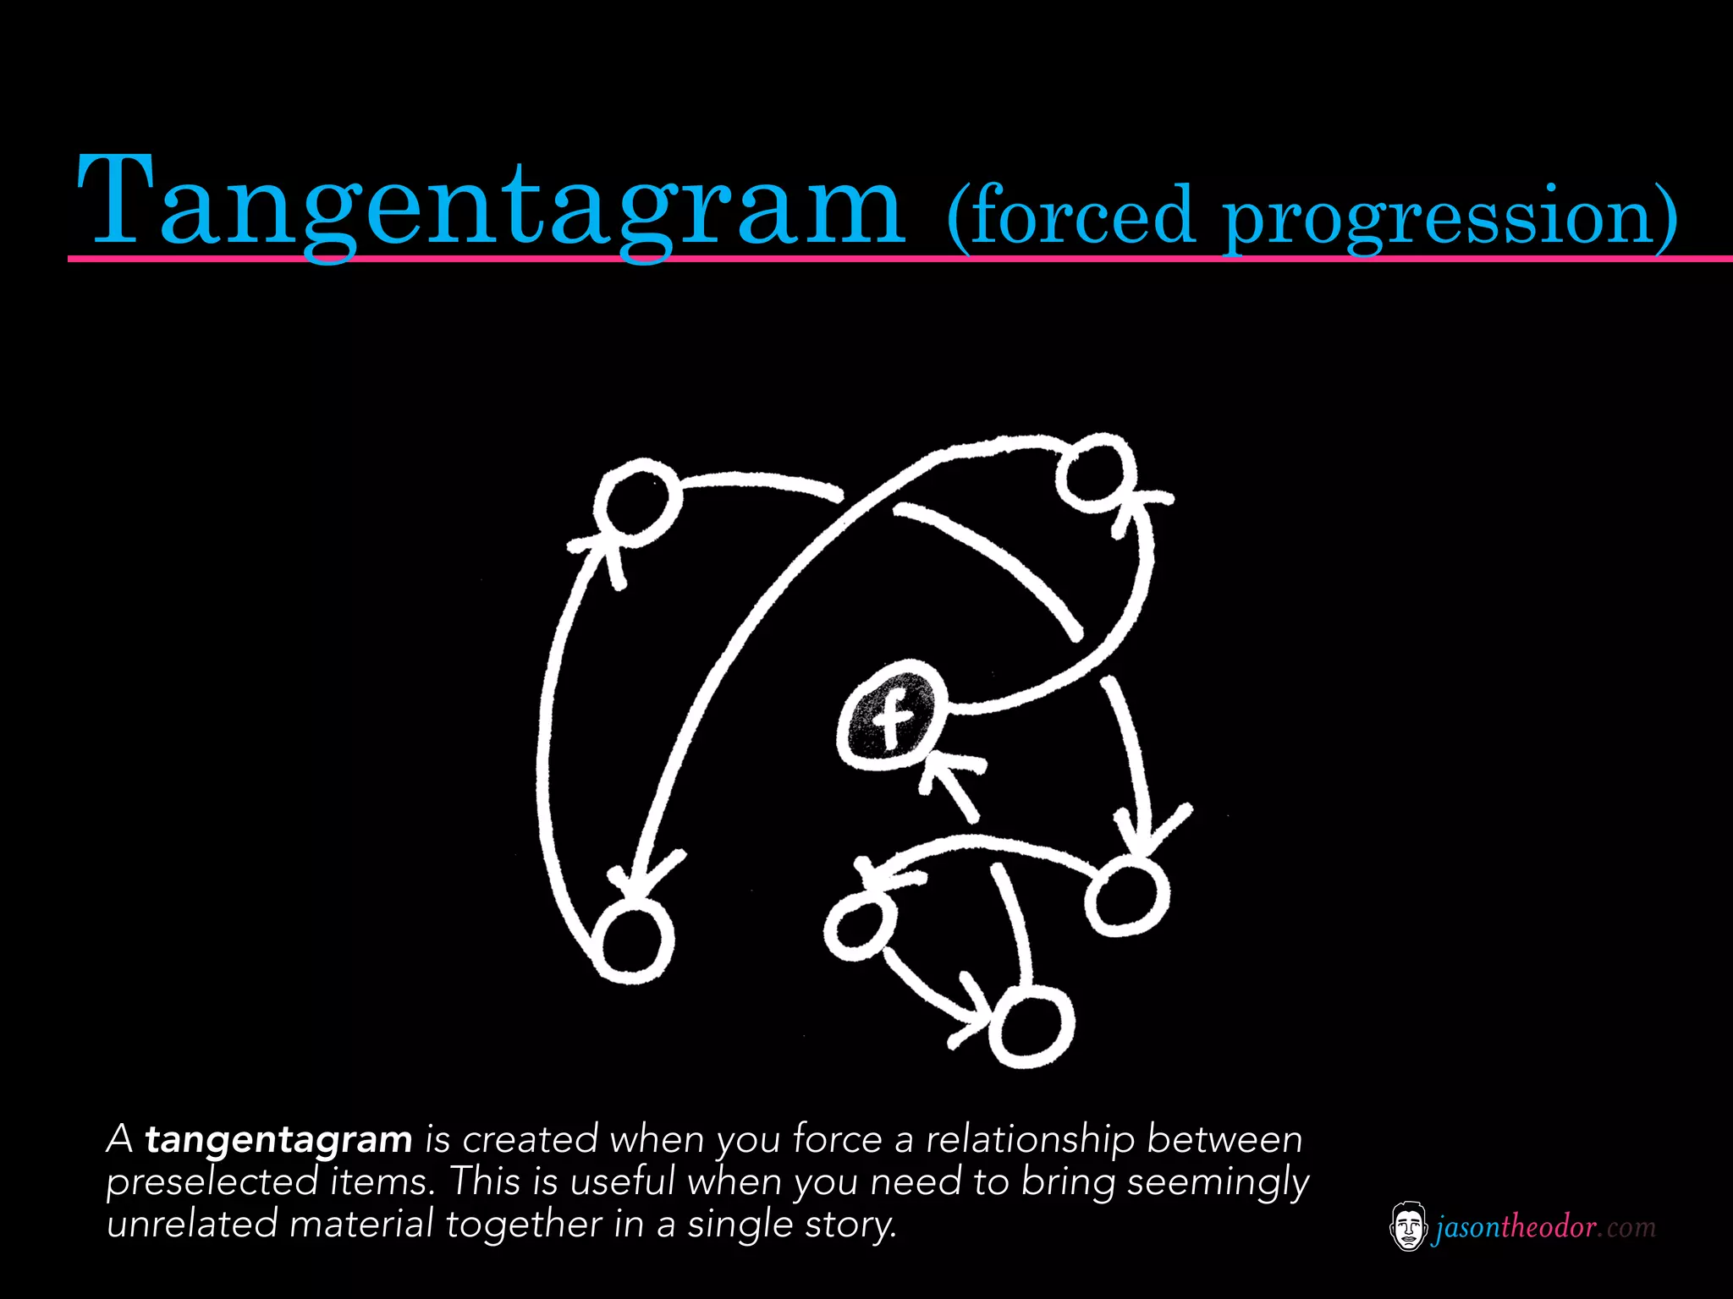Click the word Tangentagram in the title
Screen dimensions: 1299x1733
491,203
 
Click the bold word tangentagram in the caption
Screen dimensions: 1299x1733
278,1140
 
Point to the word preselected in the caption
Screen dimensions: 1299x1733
212,1181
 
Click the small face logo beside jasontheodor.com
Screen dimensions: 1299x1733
1408,1226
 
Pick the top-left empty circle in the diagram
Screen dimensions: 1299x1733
636,502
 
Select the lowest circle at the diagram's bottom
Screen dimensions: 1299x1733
1032,1028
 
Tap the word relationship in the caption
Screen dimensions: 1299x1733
1030,1140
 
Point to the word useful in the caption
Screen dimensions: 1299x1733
623,1181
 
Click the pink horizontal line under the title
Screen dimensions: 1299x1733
846,258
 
